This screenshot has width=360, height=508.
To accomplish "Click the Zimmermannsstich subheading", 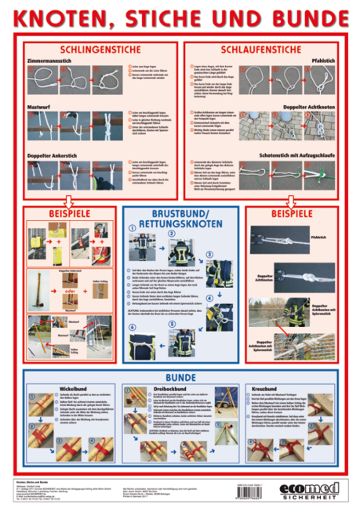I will [x=52, y=60].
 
